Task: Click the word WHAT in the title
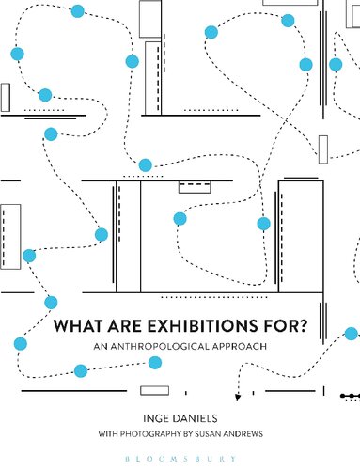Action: click(76, 328)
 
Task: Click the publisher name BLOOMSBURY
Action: click(180, 455)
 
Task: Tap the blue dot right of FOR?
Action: click(352, 334)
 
